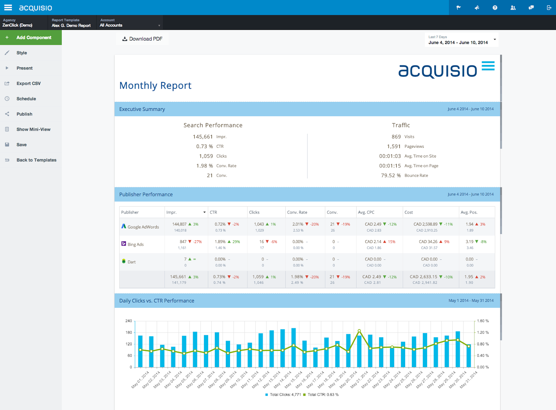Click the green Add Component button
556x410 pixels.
31,38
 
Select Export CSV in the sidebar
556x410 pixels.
28,83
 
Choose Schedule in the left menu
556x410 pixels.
26,99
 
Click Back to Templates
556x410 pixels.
36,160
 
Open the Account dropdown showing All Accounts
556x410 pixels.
130,23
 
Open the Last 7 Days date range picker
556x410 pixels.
461,40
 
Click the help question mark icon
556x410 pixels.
495,8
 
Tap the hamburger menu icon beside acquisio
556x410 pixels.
8,7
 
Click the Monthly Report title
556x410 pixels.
155,86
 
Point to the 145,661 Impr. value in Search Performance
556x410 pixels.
203,137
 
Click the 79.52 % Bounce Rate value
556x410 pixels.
391,176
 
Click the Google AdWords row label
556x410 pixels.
143,227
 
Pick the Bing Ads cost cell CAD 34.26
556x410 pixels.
428,242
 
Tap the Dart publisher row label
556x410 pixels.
132,262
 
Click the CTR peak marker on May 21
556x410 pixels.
359,331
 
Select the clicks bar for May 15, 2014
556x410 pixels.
294,348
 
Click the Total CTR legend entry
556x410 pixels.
321,395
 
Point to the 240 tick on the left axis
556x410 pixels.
129,321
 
